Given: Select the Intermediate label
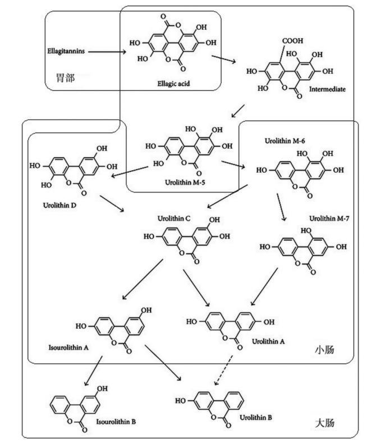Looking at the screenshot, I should coord(329,89).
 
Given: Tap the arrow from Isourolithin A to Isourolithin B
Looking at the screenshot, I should coord(93,370).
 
